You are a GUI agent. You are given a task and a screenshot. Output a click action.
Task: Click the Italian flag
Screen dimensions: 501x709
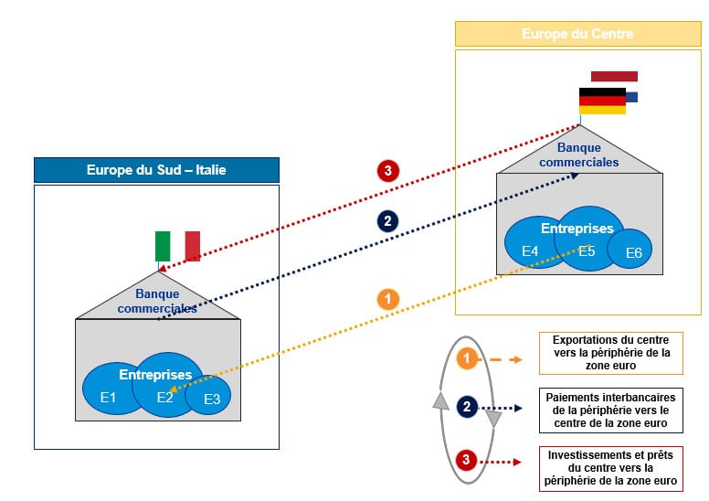point(177,245)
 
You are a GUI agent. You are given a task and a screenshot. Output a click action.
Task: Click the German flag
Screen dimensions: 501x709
point(602,101)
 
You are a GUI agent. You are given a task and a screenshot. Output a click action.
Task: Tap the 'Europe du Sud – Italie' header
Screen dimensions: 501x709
point(156,170)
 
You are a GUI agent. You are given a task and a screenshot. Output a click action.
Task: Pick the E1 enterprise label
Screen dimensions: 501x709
point(109,397)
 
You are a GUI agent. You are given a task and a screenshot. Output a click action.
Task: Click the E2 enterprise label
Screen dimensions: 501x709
point(164,397)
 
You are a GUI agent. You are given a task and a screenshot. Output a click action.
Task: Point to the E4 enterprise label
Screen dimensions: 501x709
point(530,250)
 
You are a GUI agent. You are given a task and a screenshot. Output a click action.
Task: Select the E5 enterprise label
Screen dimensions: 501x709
point(587,250)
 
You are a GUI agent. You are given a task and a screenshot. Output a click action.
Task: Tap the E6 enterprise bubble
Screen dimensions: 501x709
point(632,252)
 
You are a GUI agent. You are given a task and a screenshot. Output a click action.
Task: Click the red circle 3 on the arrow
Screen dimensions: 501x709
point(387,170)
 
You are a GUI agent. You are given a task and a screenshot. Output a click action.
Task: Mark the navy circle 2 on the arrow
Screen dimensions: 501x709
point(387,220)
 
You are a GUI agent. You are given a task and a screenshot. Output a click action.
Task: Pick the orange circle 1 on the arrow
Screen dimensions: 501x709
point(387,299)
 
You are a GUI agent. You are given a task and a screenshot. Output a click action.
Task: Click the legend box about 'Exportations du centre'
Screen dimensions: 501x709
point(610,352)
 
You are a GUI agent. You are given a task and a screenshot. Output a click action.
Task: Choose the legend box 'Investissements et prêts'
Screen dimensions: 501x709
point(610,468)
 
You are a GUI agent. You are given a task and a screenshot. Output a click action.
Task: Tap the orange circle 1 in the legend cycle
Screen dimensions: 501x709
point(467,359)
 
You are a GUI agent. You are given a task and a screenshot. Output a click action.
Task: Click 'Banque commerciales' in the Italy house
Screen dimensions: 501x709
point(157,301)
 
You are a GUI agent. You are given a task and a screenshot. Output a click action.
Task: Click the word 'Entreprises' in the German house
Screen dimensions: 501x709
point(577,228)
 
